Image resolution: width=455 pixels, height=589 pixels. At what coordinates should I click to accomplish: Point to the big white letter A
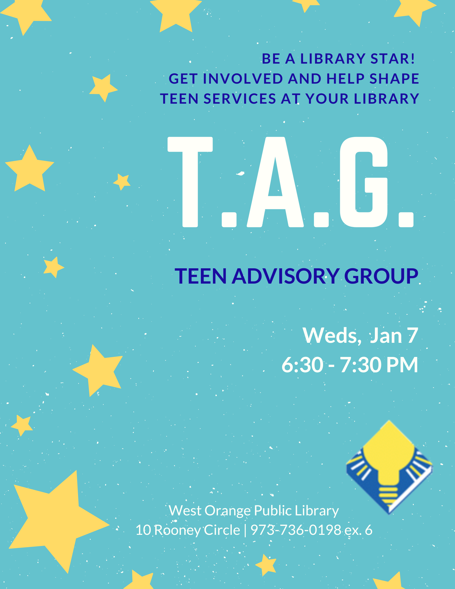pyautogui.click(x=275, y=183)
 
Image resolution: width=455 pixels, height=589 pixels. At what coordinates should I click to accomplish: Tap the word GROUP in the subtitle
pyautogui.click(x=381, y=276)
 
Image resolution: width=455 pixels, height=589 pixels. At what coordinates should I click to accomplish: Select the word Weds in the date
pyautogui.click(x=330, y=335)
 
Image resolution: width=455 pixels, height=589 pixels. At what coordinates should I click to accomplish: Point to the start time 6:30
pyautogui.click(x=302, y=365)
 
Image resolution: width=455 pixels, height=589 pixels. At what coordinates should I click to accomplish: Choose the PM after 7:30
pyautogui.click(x=402, y=365)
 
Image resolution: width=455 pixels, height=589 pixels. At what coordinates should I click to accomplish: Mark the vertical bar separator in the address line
pyautogui.click(x=245, y=530)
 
